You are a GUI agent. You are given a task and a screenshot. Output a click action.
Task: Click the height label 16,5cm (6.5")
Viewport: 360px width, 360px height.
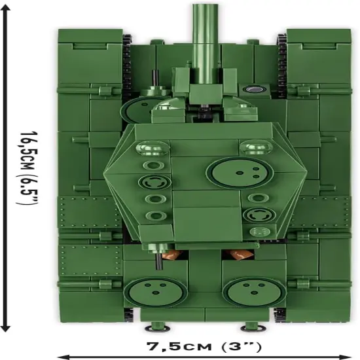coord(27,168)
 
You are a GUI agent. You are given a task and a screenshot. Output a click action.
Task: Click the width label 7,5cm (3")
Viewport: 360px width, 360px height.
coord(204,346)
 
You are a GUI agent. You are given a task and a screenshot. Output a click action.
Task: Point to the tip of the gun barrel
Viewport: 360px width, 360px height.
coord(205,5)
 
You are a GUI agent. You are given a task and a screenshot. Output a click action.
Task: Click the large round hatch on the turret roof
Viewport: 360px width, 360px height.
coord(240,172)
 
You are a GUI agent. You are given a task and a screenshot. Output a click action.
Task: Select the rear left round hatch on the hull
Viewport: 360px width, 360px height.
coord(155,293)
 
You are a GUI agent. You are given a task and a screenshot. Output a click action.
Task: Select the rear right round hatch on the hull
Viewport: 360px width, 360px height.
coord(254,293)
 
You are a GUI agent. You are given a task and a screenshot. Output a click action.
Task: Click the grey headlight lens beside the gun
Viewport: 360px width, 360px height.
coord(254,89)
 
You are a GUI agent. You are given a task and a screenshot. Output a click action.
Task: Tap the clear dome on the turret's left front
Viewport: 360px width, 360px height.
coord(153,147)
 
